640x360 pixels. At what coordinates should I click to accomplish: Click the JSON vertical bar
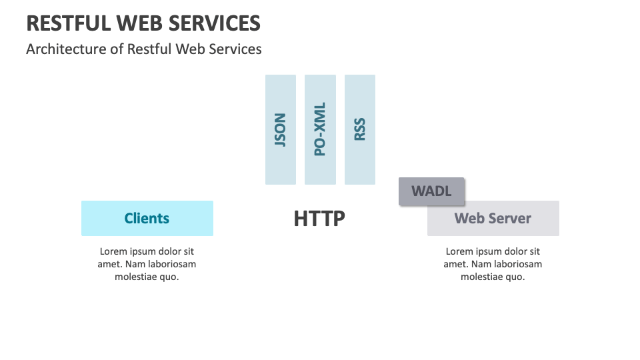[x=281, y=129]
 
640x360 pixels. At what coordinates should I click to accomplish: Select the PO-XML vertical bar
[x=320, y=129]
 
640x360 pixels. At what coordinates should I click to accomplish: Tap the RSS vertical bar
[x=360, y=129]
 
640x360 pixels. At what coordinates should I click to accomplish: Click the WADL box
[x=431, y=191]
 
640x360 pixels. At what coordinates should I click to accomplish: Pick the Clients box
[x=147, y=218]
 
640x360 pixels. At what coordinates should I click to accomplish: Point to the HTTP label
[x=319, y=219]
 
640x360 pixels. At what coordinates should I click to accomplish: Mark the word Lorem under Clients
[x=114, y=251]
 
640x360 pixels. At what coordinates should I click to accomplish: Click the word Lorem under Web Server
[x=460, y=251]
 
